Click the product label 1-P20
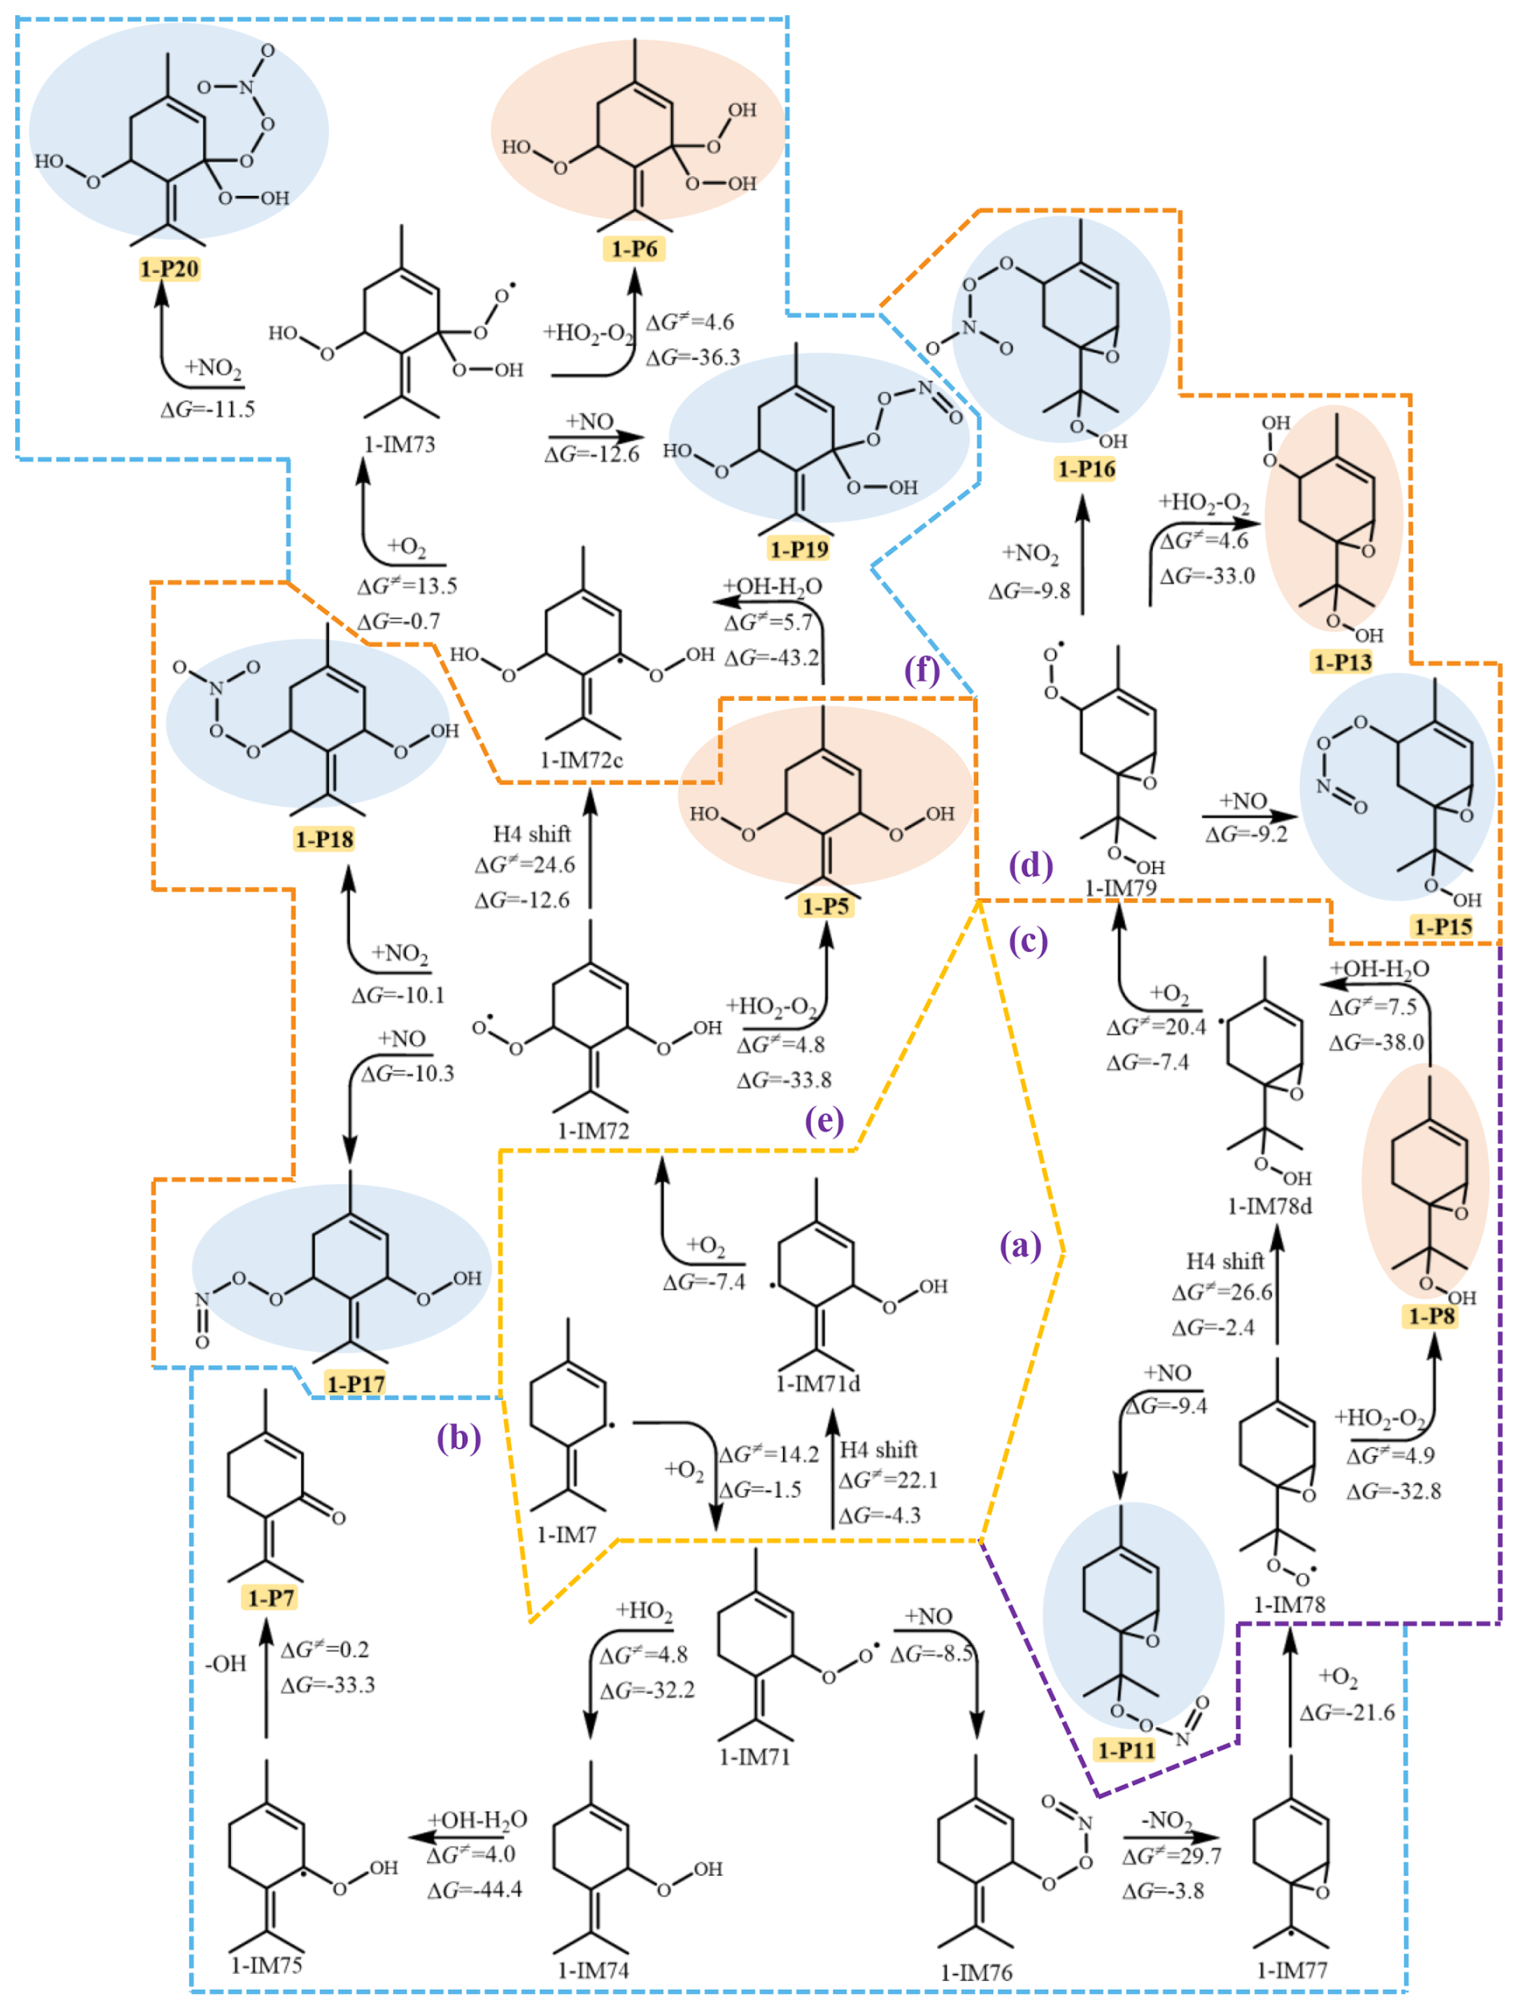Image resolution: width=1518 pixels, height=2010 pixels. pos(169,269)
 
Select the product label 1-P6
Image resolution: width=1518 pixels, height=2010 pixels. pos(634,249)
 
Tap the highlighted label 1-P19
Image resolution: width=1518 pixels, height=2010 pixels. pos(798,549)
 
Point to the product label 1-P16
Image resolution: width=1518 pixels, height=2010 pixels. pos(1086,469)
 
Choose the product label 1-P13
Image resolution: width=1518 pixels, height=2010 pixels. pos(1341,661)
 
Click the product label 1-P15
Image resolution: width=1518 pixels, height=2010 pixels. pos(1443,927)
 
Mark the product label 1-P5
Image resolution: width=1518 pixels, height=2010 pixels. pos(825,906)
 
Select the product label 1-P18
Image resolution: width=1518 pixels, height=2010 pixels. pos(324,839)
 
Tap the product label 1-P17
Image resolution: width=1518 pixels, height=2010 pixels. pos(356,1384)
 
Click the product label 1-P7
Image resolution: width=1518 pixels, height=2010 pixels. pos(270,1597)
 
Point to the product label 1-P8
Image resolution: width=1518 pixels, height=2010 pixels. pos(1431,1316)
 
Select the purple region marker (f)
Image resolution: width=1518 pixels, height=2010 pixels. pos(921,669)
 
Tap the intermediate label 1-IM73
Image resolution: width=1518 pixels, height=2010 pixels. pos(400,445)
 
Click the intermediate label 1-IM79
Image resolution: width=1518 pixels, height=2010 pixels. pos(1120,888)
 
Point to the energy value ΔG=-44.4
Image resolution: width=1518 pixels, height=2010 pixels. pos(475,1890)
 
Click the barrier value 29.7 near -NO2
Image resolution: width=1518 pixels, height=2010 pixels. pos(1172,1856)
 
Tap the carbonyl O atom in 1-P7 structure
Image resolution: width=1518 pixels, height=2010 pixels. pos(338,1517)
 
